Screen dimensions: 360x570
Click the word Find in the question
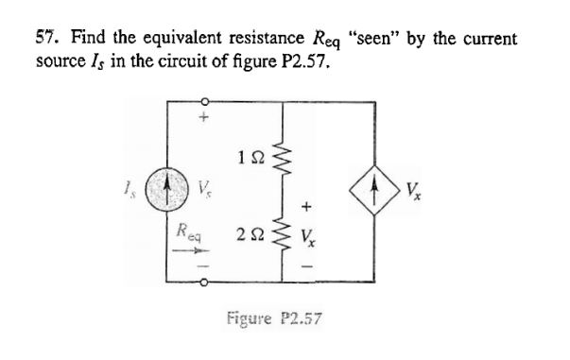coord(76,39)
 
